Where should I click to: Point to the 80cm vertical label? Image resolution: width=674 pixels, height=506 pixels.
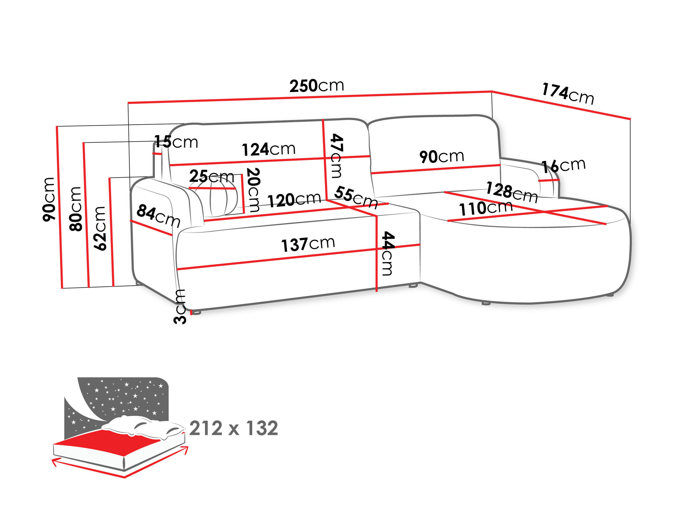(x=75, y=209)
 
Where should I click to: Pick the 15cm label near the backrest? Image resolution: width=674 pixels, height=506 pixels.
(x=176, y=142)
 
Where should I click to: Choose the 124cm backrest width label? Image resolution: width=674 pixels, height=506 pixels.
(x=269, y=149)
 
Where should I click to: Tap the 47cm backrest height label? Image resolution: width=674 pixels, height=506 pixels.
(x=337, y=156)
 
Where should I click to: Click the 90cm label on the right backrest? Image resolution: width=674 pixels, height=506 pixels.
(x=442, y=157)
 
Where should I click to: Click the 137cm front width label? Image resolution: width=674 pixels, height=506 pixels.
(x=308, y=244)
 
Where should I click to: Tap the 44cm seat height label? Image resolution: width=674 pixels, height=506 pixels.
(x=388, y=253)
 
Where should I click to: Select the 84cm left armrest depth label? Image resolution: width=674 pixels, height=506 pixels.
(x=158, y=216)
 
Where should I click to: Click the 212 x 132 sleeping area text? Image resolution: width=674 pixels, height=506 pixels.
(x=234, y=428)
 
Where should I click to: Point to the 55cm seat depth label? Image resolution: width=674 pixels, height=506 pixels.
(x=356, y=197)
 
